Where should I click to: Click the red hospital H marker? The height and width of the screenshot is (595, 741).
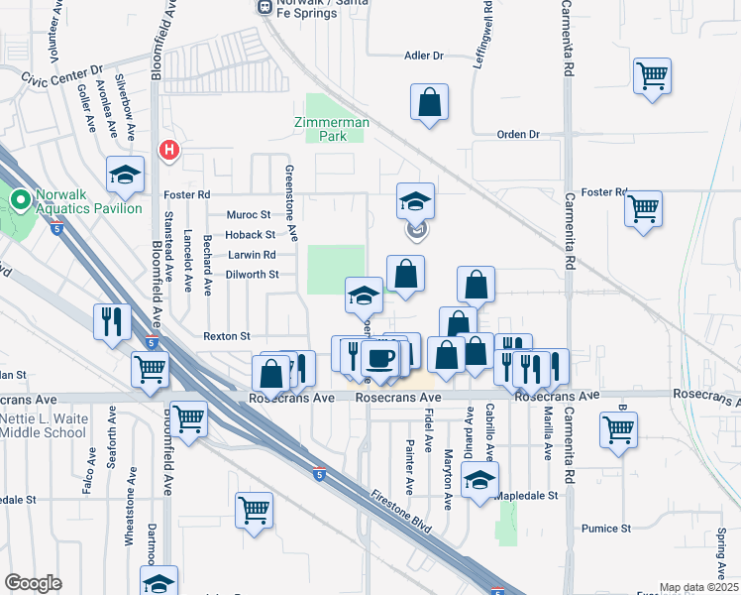coord(169,151)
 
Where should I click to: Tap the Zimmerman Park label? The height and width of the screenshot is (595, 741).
coord(331,129)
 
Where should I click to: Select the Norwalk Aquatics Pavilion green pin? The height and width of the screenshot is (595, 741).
coord(19,201)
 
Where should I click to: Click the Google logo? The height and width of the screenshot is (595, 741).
coord(34,583)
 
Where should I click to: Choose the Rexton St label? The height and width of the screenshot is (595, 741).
coord(227,336)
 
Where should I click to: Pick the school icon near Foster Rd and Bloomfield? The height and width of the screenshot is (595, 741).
coord(124,175)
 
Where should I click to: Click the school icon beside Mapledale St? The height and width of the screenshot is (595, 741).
coord(479,480)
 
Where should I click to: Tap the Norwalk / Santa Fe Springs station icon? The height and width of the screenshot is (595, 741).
coord(265,7)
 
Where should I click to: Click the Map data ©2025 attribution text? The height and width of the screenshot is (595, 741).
coord(698,587)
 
